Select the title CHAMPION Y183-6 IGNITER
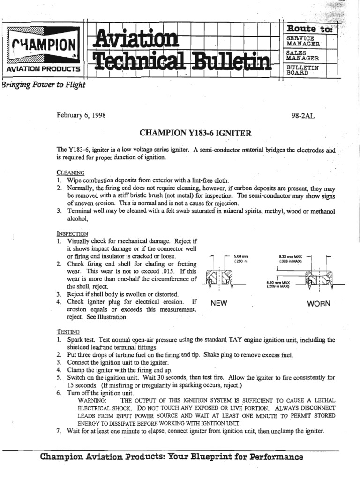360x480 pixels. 196,134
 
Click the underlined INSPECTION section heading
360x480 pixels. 72,233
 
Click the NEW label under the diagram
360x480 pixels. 219,303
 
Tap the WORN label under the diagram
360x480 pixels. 319,303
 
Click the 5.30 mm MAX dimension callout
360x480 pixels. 278,284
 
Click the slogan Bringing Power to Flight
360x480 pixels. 44,85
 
